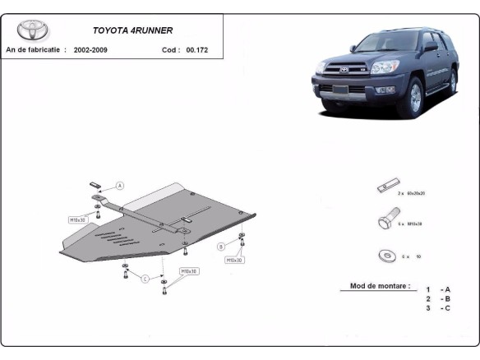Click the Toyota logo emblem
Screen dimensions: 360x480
pyautogui.click(x=33, y=30)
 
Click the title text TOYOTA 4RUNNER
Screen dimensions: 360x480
pyautogui.click(x=132, y=30)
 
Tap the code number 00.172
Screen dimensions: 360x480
pyautogui.click(x=198, y=50)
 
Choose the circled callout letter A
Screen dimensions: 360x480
pyautogui.click(x=120, y=186)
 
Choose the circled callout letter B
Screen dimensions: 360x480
pyautogui.click(x=221, y=246)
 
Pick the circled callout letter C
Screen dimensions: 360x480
pyautogui.click(x=145, y=279)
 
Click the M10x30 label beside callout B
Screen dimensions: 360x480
pyautogui.click(x=233, y=260)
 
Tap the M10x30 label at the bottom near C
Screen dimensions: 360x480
pyautogui.click(x=188, y=270)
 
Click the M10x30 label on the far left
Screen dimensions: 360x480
pyautogui.click(x=77, y=219)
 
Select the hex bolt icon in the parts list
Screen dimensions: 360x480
pyautogui.click(x=383, y=222)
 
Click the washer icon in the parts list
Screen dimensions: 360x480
pyautogui.click(x=383, y=255)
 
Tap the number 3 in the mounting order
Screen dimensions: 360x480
pyautogui.click(x=428, y=308)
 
